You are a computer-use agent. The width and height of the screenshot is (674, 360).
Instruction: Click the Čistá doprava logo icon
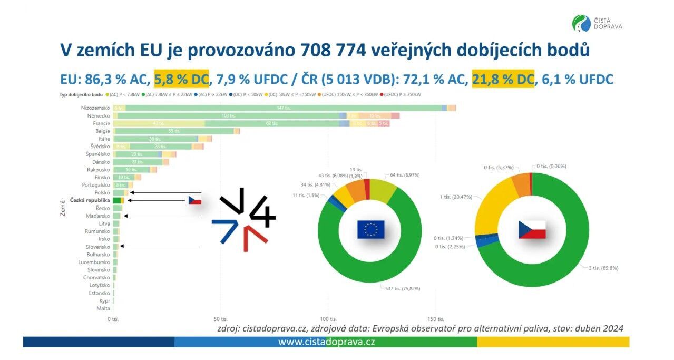tap(581, 24)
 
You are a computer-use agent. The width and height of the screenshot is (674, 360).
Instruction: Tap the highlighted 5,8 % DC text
tap(181, 79)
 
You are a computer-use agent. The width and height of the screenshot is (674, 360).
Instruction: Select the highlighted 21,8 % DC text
tap(503, 79)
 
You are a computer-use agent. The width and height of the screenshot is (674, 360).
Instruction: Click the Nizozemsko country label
tap(95, 108)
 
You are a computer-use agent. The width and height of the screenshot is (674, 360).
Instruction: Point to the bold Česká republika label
tap(90, 201)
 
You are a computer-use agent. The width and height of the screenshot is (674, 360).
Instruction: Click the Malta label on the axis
tap(103, 308)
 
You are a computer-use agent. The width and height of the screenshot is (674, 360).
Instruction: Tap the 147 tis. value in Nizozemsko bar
tap(284, 108)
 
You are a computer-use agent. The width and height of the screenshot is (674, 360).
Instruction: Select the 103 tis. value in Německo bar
tap(228, 115)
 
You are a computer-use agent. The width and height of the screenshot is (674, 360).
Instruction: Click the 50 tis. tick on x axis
tap(221, 319)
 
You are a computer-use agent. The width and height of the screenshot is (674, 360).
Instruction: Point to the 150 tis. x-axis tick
tap(435, 319)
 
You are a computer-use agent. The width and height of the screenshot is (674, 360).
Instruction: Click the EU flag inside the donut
tap(370, 229)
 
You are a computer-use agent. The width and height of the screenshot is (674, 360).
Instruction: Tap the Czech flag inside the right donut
tap(532, 230)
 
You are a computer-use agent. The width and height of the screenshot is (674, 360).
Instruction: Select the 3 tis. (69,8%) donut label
tap(603, 268)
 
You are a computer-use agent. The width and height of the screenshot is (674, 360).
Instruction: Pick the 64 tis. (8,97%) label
tap(404, 174)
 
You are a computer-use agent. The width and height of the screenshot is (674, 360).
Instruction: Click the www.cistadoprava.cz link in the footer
tap(326, 342)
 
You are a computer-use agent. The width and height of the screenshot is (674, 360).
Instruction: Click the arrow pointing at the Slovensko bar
tap(161, 246)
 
